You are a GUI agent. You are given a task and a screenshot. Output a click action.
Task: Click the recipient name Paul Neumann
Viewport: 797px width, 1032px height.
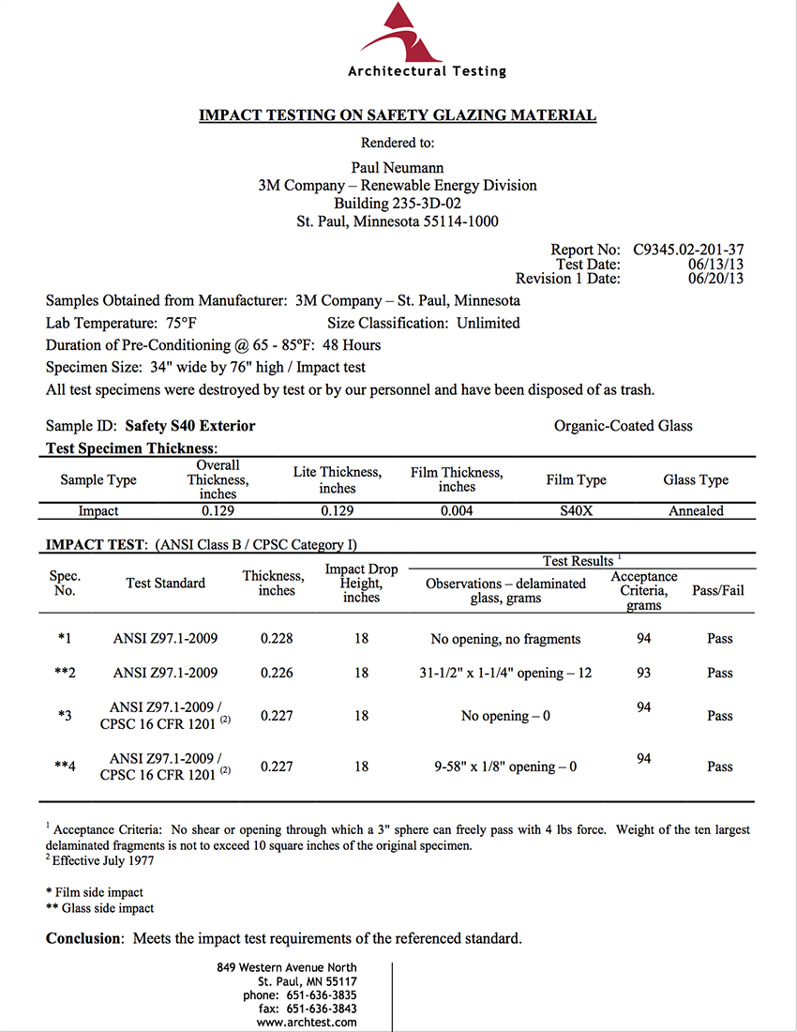tap(398, 167)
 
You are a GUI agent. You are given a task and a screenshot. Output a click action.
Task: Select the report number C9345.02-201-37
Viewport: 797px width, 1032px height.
tap(688, 250)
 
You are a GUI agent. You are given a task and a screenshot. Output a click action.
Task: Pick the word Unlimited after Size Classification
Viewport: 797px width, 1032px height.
tap(488, 323)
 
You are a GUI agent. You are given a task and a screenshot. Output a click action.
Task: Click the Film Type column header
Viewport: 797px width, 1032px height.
tap(576, 479)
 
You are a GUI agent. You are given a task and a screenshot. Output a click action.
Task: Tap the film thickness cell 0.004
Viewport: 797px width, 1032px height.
tap(456, 511)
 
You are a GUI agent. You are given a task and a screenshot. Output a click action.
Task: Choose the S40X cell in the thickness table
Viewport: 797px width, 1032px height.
tap(576, 511)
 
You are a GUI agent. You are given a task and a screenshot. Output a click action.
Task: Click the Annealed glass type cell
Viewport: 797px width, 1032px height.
tap(696, 511)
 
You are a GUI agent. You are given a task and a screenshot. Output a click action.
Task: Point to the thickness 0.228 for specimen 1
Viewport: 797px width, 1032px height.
tap(277, 639)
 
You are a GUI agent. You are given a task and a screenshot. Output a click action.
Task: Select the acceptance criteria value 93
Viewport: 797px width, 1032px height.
tap(643, 673)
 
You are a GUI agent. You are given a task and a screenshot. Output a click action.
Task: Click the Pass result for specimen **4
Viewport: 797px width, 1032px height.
tap(720, 766)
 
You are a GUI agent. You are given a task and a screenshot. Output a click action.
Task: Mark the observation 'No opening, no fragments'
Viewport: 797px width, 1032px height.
tap(505, 639)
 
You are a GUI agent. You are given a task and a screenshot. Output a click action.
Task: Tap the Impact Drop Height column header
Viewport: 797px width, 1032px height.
tap(361, 584)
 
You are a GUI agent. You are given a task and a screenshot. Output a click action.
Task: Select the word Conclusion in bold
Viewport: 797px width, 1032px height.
tap(83, 938)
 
